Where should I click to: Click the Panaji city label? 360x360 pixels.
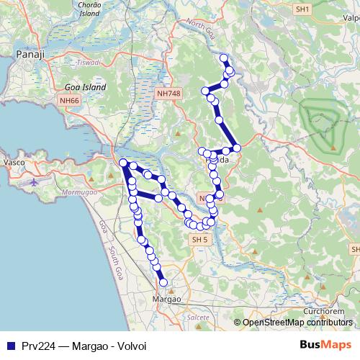pos(30,54)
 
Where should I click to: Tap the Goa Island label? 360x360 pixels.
pos(81,87)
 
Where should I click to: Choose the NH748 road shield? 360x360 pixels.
pos(167,94)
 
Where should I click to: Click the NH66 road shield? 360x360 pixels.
pos(70,100)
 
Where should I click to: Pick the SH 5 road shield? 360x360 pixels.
pos(197,239)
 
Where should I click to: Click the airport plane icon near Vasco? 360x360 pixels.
pos(35,181)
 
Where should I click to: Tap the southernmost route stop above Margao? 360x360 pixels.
pos(163,283)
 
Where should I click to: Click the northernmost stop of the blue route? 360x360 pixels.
pos(224,58)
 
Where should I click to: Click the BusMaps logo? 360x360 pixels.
pos(325,345)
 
